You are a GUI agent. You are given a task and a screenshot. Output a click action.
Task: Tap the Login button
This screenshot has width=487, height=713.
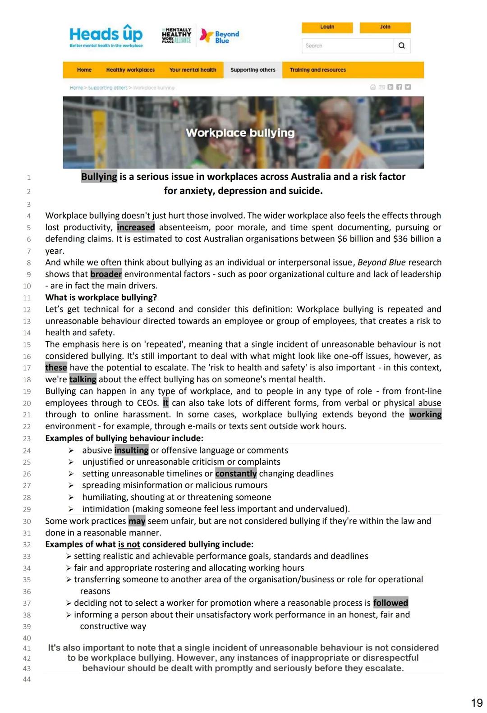click(x=327, y=27)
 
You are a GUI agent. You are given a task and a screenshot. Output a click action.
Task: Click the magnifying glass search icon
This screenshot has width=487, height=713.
click(x=402, y=46)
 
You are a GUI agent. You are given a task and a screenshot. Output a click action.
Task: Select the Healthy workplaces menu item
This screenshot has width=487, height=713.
click(x=130, y=70)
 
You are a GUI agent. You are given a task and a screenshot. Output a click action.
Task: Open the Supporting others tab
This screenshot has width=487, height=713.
click(x=253, y=70)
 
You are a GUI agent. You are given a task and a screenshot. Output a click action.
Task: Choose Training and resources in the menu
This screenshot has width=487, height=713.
click(x=317, y=70)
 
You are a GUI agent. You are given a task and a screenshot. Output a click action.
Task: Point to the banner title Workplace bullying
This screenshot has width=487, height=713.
click(x=240, y=133)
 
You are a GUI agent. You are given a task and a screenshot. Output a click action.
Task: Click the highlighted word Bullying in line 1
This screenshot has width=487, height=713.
click(x=99, y=177)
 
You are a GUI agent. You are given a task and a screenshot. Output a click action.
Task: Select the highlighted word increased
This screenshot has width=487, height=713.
click(x=136, y=227)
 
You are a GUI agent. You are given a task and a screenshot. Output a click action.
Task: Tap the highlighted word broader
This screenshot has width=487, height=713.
click(x=106, y=274)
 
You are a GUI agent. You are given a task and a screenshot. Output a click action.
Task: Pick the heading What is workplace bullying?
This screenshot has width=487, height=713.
click(x=101, y=297)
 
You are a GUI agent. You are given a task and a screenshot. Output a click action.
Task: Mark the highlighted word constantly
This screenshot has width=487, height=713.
click(x=236, y=474)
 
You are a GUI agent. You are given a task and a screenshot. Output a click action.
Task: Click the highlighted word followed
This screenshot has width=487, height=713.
click(x=391, y=603)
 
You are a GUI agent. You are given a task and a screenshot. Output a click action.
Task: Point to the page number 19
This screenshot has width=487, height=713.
click(x=477, y=703)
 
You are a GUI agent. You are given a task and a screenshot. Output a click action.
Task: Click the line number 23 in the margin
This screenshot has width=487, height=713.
click(x=27, y=439)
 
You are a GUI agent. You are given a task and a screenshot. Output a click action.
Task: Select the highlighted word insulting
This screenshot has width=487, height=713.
click(x=131, y=450)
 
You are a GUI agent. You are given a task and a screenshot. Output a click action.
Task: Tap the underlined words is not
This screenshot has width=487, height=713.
click(x=129, y=544)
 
